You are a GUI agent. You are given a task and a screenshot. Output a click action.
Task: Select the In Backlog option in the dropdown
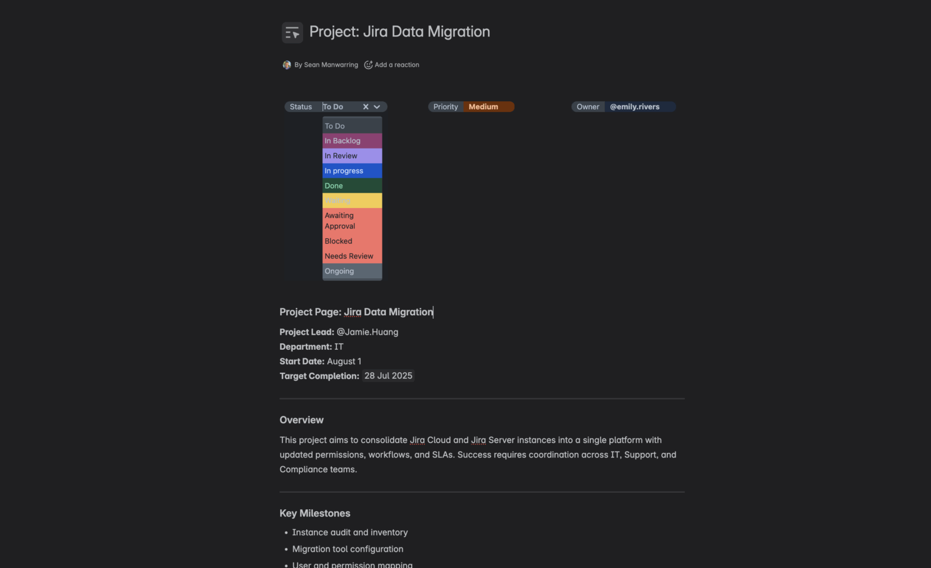352,141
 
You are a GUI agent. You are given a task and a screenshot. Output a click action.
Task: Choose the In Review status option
352,156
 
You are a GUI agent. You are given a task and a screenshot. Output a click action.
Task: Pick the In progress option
352,171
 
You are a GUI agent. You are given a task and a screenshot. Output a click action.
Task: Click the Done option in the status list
352,186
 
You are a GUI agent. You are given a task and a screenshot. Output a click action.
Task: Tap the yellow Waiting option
352,201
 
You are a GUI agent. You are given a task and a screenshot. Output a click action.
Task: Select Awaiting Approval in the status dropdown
352,221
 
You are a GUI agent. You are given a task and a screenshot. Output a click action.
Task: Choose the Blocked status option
352,241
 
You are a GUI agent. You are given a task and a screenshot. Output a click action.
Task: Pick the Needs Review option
352,256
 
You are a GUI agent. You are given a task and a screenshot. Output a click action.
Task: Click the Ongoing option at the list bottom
352,272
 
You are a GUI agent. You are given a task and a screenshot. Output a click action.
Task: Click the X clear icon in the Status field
365,107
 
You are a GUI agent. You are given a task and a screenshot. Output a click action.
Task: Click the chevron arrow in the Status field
377,107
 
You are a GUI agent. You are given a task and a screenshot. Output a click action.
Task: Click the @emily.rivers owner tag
635,107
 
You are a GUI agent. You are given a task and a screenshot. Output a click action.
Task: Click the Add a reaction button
392,65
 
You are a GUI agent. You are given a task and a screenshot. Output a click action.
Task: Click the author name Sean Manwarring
330,65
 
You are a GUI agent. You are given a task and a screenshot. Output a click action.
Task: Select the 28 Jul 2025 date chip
388,376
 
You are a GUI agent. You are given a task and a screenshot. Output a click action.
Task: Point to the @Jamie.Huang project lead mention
367,332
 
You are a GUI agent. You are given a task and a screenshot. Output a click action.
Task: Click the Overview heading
301,420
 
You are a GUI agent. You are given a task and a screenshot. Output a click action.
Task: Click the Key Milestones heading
315,513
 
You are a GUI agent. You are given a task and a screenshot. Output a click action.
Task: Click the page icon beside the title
292,33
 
